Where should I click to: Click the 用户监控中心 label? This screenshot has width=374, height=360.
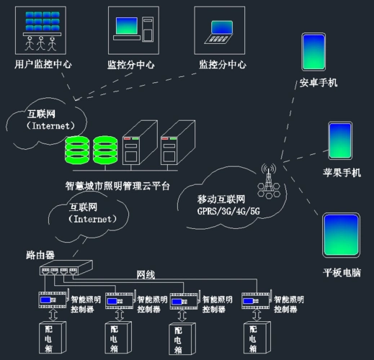pyautogui.click(x=43, y=64)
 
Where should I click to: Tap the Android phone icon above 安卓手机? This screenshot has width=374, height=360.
pyautogui.click(x=313, y=50)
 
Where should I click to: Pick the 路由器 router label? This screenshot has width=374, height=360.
pyautogui.click(x=40, y=256)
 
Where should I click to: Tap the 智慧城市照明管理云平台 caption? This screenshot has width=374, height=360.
pyautogui.click(x=117, y=186)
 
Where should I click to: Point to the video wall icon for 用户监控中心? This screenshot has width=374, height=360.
pyautogui.click(x=42, y=29)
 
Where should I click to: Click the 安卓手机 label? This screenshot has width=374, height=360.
pyautogui.click(x=319, y=83)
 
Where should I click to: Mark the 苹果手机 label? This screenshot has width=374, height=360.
pyautogui.click(x=342, y=174)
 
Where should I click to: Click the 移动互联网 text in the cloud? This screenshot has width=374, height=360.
pyautogui.click(x=222, y=199)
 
